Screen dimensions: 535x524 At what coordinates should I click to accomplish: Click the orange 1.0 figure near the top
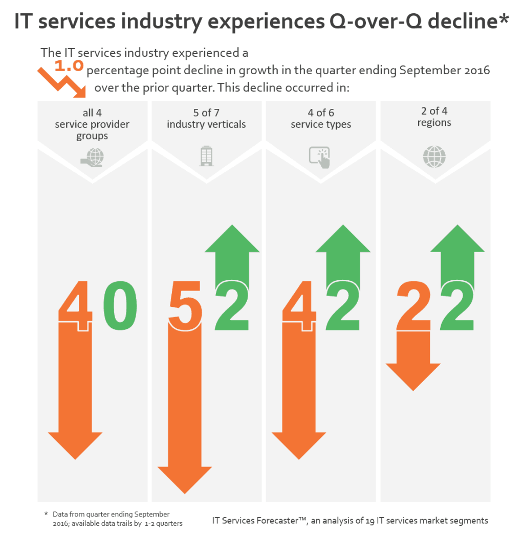(69, 65)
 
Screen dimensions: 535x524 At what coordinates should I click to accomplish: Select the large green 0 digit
(120, 305)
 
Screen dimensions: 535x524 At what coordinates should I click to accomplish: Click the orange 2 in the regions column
(413, 306)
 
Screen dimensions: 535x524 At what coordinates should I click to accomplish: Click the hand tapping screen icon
(320, 157)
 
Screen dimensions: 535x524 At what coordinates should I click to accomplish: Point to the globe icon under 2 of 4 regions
(434, 157)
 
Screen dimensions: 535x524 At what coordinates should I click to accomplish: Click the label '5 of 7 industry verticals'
(206, 119)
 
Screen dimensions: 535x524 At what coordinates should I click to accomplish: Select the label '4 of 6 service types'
(320, 119)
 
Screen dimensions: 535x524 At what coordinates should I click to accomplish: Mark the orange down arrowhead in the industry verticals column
(185, 479)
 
